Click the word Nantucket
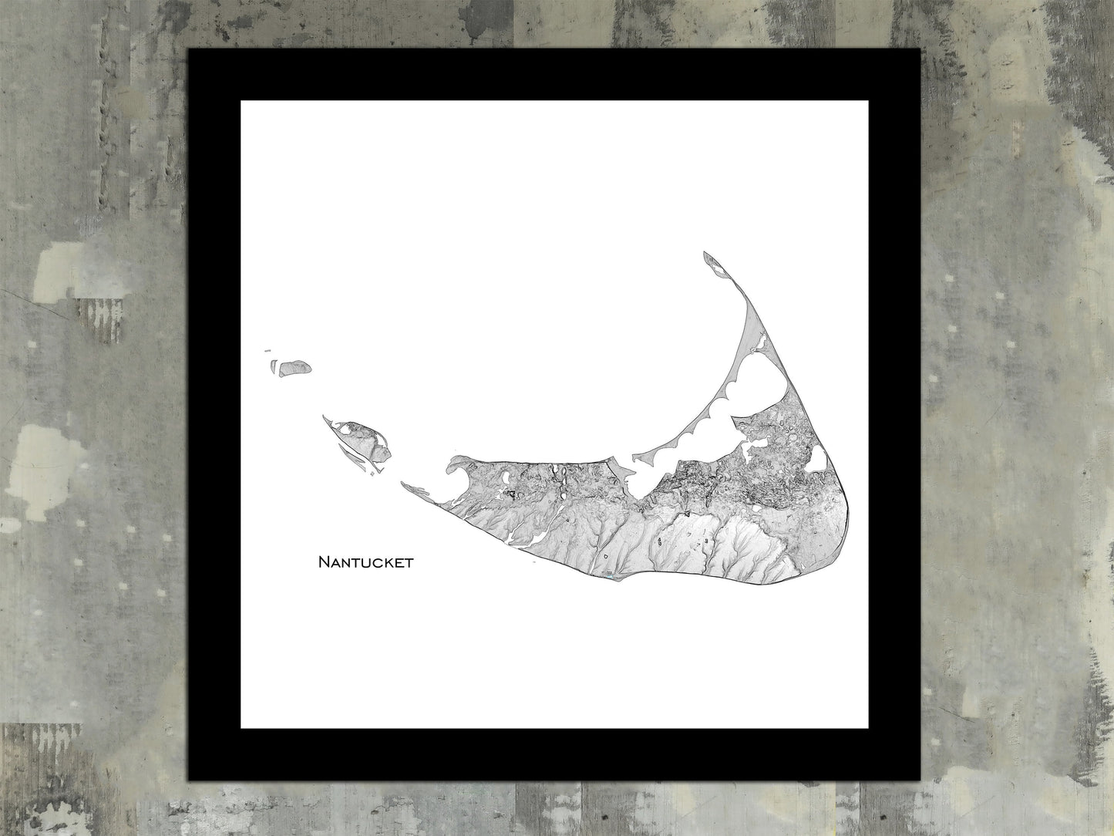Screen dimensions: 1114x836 pos(366,562)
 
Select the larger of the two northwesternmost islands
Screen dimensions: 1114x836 pos(294,369)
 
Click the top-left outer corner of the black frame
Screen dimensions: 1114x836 pos(190,49)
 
